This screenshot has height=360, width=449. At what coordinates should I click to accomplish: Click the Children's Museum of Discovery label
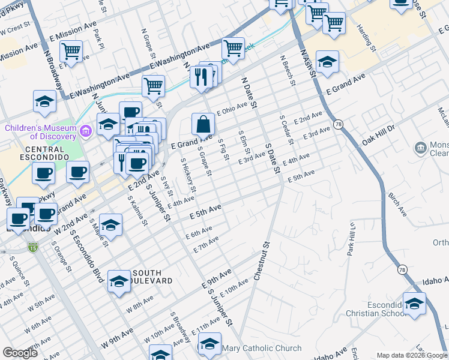(x=43, y=131)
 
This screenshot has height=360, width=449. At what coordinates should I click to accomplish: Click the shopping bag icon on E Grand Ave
(x=203, y=124)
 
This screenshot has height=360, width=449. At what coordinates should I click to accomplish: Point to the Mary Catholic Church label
(x=261, y=348)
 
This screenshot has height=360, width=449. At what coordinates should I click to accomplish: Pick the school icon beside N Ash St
(x=327, y=62)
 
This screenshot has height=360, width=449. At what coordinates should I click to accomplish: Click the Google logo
(x=20, y=353)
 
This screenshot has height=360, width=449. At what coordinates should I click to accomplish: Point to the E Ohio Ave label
(x=232, y=109)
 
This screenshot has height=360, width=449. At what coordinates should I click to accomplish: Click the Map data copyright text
(x=412, y=355)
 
